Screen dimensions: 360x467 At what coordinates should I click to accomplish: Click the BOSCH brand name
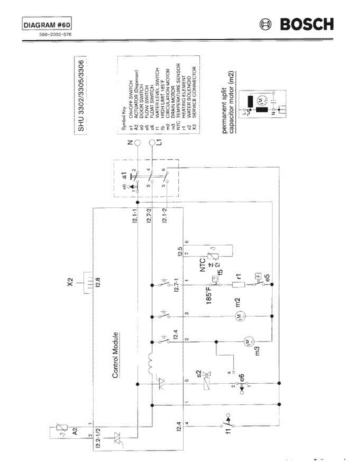306,25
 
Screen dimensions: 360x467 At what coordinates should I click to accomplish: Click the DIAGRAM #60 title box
47,25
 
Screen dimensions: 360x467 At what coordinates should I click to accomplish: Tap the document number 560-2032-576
54,34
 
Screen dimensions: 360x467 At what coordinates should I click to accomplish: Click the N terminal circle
137,143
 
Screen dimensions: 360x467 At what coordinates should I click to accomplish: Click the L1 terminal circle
152,143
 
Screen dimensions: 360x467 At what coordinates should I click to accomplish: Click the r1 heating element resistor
238,285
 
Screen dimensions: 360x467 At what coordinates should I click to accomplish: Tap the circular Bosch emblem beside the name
266,25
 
